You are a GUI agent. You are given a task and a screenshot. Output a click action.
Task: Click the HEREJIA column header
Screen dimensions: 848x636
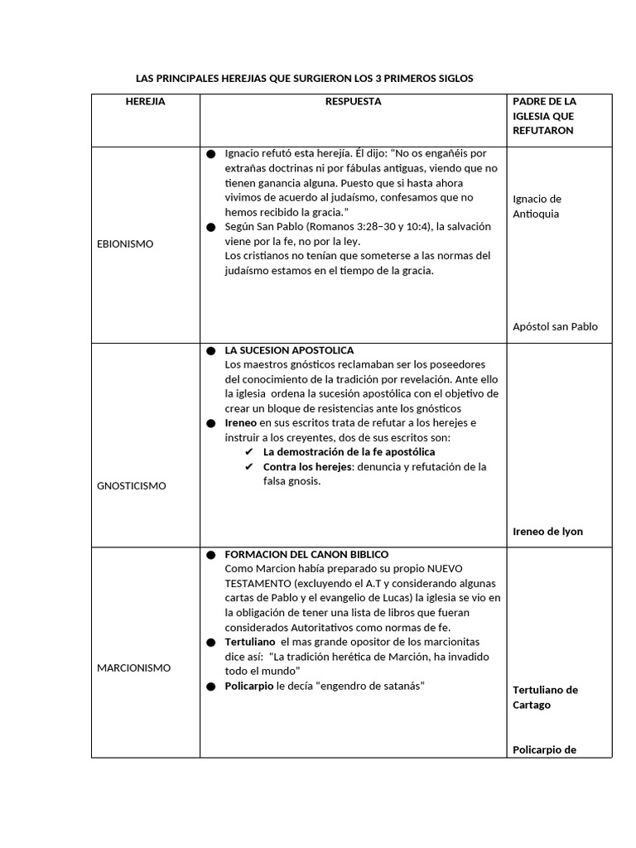[145, 101]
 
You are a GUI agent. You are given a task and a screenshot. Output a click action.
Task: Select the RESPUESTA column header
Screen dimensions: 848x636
[353, 101]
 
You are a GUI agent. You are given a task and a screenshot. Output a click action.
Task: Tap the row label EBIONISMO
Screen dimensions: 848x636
[124, 243]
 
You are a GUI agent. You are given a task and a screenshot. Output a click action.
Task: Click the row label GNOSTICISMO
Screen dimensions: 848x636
[131, 486]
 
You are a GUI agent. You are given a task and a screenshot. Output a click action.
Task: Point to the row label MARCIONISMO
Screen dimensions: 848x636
[133, 667]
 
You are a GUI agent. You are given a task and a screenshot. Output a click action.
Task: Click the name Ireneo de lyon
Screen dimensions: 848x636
[547, 532]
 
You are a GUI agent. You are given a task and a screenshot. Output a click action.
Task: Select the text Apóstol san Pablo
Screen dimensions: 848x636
[555, 326]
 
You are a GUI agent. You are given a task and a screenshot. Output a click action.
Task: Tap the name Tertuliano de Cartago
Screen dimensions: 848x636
[546, 697]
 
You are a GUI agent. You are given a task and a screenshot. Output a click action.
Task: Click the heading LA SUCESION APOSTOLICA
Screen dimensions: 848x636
[289, 350]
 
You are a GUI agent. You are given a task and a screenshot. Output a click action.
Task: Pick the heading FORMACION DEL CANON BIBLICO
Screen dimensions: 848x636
[306, 554]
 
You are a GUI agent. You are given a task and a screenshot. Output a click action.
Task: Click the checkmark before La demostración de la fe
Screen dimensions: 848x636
[248, 452]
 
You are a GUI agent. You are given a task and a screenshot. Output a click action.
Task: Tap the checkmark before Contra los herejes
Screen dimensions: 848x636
[248, 467]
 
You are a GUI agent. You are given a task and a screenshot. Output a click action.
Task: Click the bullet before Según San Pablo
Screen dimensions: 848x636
[210, 227]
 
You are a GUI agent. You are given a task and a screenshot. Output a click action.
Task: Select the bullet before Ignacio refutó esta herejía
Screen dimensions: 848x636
[210, 154]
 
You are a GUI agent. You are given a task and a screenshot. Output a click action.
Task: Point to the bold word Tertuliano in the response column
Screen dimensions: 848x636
[250, 642]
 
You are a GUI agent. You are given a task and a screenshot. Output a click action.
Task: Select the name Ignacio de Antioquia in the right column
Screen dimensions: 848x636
[537, 206]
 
